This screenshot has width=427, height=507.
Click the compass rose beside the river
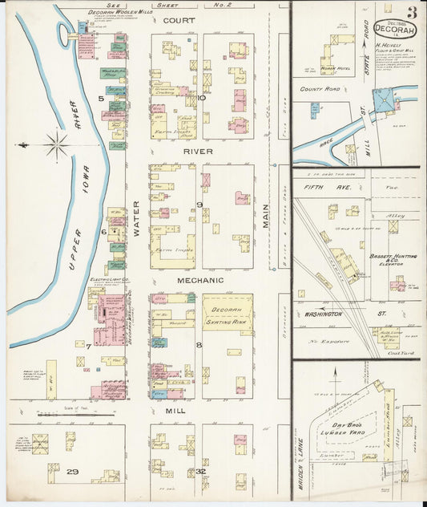[55, 145]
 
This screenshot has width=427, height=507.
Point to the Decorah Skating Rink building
[227, 314]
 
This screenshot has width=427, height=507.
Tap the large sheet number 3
[411, 12]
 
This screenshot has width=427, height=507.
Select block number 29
[71, 471]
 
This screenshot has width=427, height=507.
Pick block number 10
[202, 98]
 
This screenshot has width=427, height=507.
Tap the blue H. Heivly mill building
[384, 100]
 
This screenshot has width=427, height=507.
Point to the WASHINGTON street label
[324, 314]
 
